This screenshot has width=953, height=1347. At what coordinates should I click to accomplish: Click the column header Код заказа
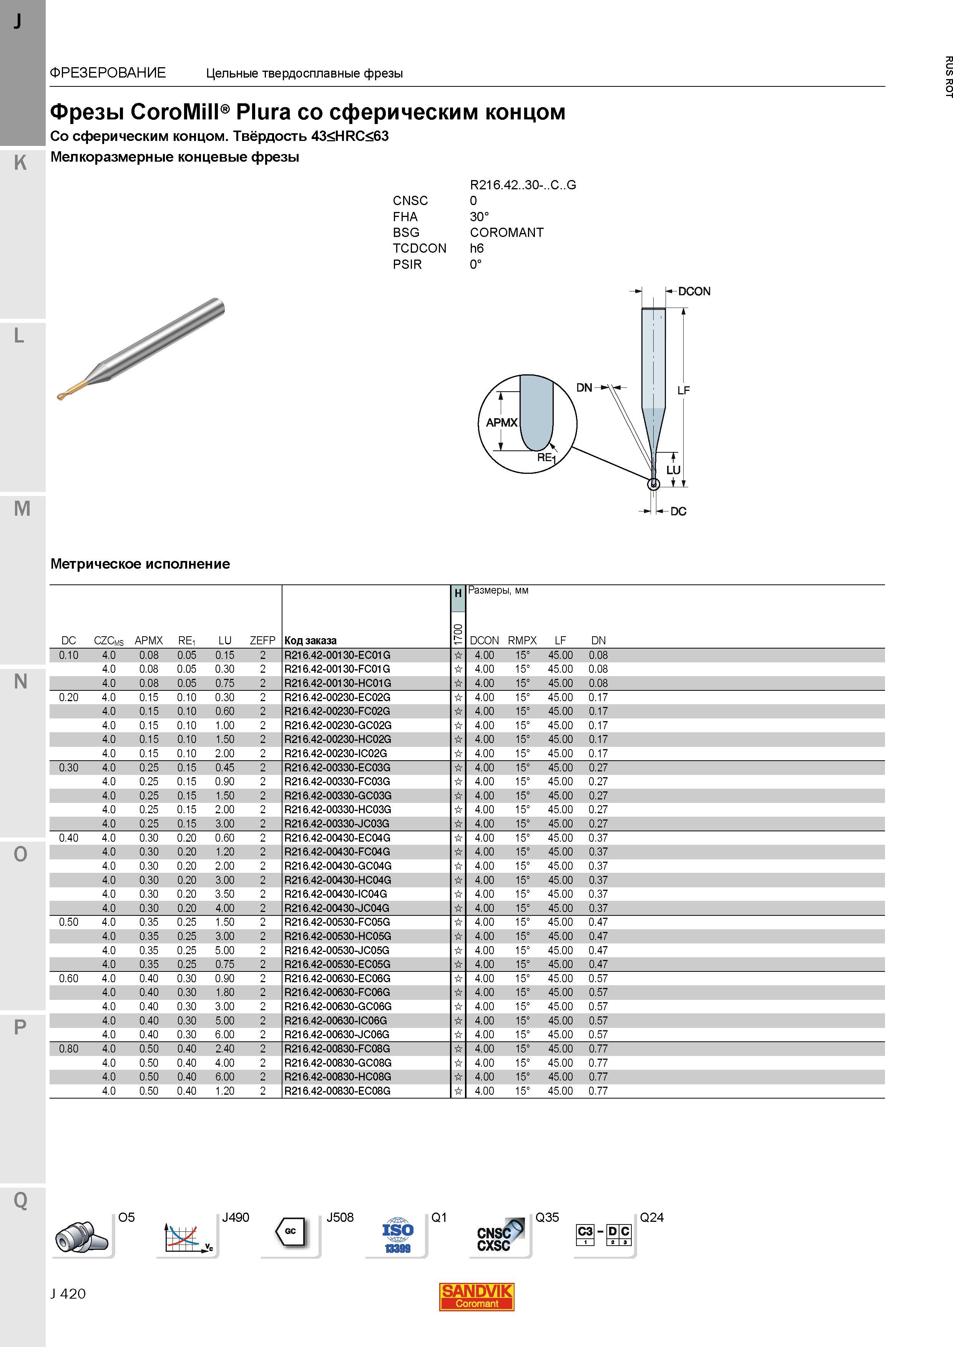pos(310,640)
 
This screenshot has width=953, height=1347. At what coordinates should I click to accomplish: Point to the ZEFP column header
pos(262,640)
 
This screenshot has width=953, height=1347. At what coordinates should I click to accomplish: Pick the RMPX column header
pos(523,640)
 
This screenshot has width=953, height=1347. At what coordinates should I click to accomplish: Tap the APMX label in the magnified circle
pos(502,422)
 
